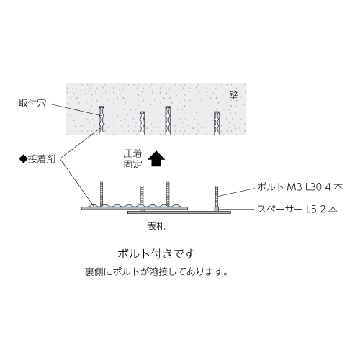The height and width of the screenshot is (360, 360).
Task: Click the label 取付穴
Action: point(32,103)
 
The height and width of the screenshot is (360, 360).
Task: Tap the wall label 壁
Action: point(233,96)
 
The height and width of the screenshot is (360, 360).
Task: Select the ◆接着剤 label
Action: point(37,159)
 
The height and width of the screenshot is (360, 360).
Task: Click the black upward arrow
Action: point(156,158)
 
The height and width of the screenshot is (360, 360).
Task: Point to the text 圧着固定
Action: point(133,159)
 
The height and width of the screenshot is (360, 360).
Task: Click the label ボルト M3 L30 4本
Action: point(300,187)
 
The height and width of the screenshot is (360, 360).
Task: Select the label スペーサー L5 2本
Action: point(297,210)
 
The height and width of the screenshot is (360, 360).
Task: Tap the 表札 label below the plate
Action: point(156,226)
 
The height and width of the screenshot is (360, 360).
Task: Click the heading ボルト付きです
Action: point(156,254)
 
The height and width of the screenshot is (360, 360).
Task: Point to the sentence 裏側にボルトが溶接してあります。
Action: point(156,272)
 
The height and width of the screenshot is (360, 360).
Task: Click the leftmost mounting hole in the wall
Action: point(102,120)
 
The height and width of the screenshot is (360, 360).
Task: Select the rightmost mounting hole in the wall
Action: point(217,123)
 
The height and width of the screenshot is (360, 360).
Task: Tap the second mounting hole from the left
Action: point(142,123)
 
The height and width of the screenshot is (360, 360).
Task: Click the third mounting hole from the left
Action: point(168,120)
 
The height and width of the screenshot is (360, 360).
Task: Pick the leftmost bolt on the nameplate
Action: point(102,194)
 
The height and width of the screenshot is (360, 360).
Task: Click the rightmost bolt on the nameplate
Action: point(217,197)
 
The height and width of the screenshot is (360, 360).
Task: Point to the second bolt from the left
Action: point(142,196)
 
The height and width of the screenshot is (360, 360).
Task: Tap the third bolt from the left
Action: point(168,194)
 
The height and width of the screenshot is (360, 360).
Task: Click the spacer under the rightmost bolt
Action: point(217,210)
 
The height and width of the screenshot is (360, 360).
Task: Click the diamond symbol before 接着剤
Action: point(23,159)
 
